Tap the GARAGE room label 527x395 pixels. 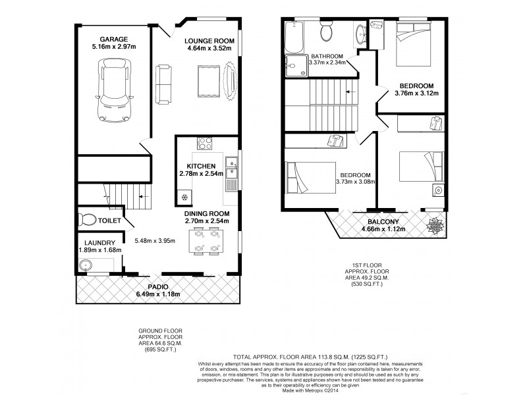[x=114, y=39]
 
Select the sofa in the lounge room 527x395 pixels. [x=162, y=84]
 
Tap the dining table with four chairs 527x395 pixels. [x=206, y=242]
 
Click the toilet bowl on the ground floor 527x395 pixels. [x=84, y=220]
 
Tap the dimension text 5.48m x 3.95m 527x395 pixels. [x=154, y=241]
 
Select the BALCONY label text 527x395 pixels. [x=386, y=221]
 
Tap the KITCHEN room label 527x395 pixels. [x=202, y=166]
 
